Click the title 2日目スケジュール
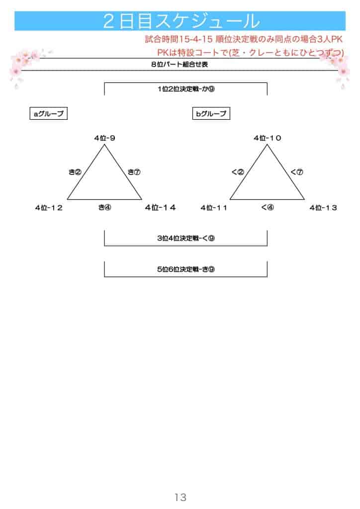[x=180, y=21]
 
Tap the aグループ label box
[x=48, y=114]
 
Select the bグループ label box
[x=211, y=114]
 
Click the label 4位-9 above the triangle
[x=104, y=138]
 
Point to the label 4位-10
[x=267, y=138]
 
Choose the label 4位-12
[x=49, y=208]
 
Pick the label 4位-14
[x=160, y=208]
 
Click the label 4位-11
[x=214, y=208]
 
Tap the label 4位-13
[x=323, y=208]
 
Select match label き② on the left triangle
[x=75, y=172]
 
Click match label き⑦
[x=134, y=172]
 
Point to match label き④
[x=104, y=208]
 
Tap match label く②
[x=238, y=172]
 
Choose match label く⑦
[x=296, y=172]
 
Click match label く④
[x=267, y=208]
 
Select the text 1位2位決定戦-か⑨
[x=185, y=89]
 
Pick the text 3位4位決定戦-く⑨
[x=185, y=238]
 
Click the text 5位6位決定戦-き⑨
[x=185, y=269]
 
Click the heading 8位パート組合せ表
[x=180, y=65]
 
